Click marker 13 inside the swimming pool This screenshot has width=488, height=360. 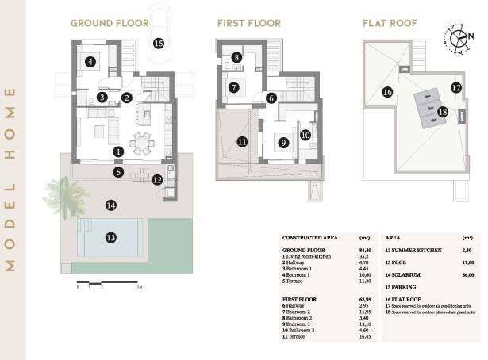pos(111,237)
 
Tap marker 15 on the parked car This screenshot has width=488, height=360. pos(159,43)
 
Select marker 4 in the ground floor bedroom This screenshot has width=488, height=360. pos(90,61)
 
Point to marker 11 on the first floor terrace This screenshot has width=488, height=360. pos(242,142)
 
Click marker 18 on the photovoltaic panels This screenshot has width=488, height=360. pos(443,113)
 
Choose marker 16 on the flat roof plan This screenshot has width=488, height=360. pos(387,92)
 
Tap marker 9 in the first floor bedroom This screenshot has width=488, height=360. pos(282,144)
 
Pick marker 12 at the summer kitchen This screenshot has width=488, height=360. pos(157,180)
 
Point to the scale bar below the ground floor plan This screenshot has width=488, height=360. pos(109,283)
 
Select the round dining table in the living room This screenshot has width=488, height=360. pos(142,144)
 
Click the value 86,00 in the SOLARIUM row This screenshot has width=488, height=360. pos(467,274)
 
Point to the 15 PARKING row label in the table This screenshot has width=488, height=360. pos(402,287)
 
